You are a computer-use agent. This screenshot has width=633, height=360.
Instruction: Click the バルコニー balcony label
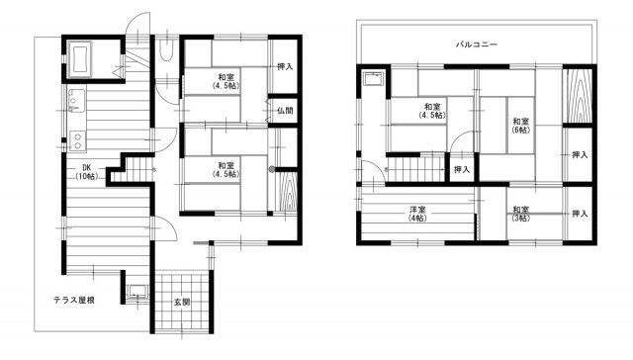477,45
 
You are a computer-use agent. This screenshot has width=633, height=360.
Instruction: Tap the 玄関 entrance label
182,302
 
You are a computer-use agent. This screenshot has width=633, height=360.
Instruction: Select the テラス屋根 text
74,301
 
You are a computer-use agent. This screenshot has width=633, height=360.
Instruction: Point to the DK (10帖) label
86,172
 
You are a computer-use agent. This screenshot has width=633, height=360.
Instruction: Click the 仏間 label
285,110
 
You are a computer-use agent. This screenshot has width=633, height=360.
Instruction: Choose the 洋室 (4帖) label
417,214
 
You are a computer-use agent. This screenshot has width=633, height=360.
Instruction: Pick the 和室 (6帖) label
521,126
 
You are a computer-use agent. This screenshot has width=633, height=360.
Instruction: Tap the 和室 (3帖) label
521,214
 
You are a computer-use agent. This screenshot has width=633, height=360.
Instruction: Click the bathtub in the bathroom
80,59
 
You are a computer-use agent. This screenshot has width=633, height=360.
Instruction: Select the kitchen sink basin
76,101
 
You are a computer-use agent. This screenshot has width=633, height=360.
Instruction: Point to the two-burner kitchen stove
77,141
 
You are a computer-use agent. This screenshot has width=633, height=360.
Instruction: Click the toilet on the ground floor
165,50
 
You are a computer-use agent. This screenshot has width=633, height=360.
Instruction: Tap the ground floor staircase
133,170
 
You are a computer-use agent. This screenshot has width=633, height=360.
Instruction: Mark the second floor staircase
415,169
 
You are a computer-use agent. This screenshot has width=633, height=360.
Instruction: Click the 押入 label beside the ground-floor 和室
285,67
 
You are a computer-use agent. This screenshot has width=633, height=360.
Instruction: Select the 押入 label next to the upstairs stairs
462,169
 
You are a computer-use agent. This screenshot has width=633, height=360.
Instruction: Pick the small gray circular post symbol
272,169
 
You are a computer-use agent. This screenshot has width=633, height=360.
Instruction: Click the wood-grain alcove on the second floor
578,96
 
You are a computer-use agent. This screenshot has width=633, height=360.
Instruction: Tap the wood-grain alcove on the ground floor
287,192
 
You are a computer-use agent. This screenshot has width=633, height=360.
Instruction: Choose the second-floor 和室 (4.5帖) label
432,111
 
